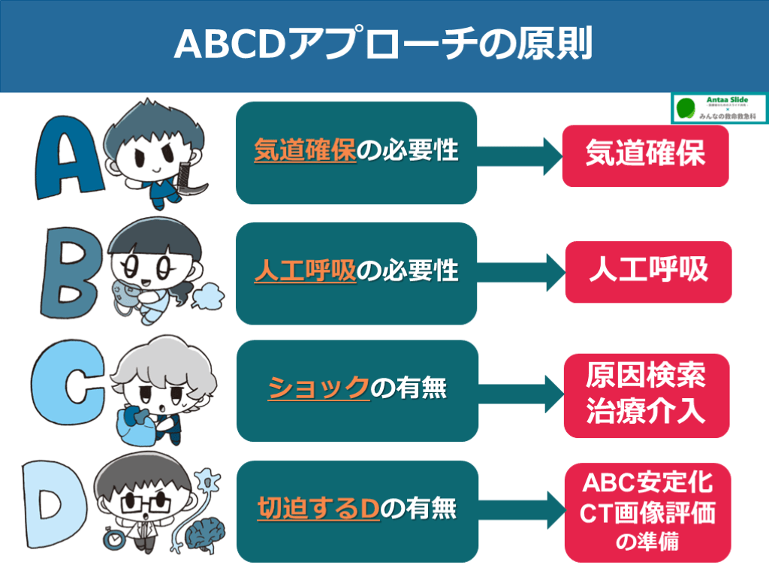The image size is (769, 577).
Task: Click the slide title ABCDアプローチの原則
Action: pos(384,44)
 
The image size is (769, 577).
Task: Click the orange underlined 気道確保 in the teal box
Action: pos(304,151)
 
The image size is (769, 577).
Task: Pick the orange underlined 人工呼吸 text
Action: pos(304,271)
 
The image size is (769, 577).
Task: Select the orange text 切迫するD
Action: pos(318,509)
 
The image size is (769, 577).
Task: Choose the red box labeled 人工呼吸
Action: pos(647,271)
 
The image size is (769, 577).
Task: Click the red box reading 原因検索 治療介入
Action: pos(646,395)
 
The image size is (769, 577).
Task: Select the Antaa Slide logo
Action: pos(719,107)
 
